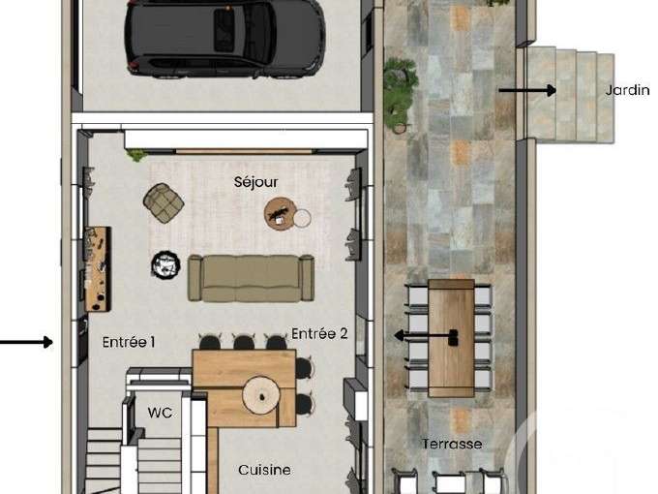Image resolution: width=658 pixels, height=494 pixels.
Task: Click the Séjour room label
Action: [x=255, y=181]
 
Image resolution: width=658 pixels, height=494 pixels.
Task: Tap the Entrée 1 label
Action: [x=129, y=342]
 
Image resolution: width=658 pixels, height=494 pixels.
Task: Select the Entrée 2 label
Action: [x=319, y=334]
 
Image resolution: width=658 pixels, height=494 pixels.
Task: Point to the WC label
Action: [x=160, y=413]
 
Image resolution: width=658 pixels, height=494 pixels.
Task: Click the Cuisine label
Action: [x=264, y=470]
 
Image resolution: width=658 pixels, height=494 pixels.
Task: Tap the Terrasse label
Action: [x=452, y=444]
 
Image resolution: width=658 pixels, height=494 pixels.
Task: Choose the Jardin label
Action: [x=627, y=90]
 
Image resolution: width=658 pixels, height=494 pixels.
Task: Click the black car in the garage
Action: [x=224, y=38]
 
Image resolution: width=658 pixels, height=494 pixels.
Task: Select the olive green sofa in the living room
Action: [x=251, y=278]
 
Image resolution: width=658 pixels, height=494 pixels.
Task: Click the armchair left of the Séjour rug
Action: [x=164, y=201]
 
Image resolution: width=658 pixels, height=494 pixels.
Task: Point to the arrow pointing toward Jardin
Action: [x=527, y=90]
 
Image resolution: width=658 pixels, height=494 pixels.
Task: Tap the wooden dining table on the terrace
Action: [x=451, y=337]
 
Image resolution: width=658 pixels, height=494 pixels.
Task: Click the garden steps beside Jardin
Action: [x=570, y=95]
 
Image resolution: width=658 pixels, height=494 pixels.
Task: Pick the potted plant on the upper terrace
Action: [x=400, y=92]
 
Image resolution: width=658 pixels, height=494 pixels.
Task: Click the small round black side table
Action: [x=165, y=263]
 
